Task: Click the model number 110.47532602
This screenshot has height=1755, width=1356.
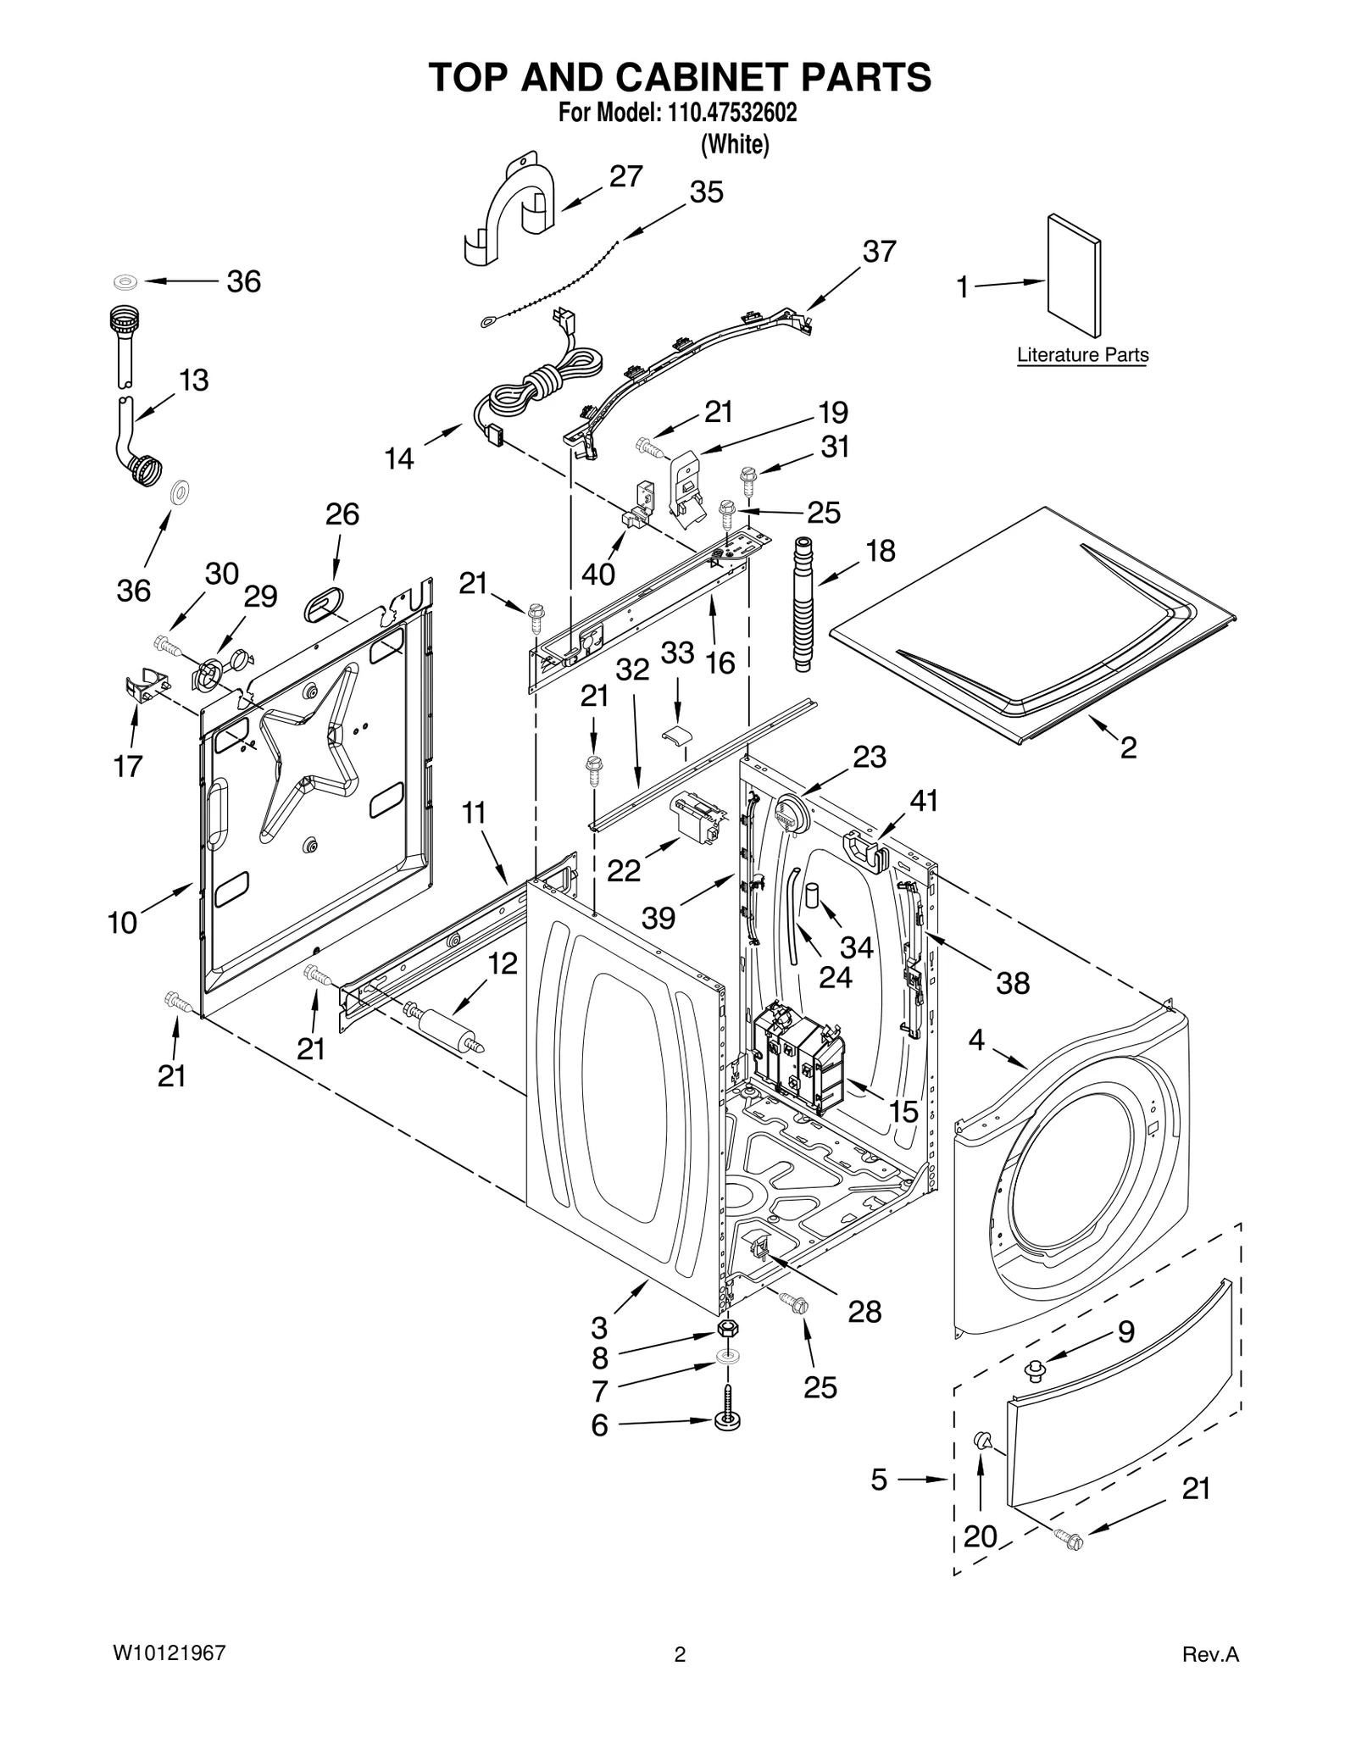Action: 726,113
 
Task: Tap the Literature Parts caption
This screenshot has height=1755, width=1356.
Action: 1082,355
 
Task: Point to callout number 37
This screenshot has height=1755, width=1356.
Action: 879,252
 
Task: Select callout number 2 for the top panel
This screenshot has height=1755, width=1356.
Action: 1128,747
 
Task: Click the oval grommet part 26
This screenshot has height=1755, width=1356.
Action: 324,606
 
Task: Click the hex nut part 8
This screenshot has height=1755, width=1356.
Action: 726,1329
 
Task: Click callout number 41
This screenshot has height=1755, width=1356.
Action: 924,800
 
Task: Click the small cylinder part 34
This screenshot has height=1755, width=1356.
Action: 814,895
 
